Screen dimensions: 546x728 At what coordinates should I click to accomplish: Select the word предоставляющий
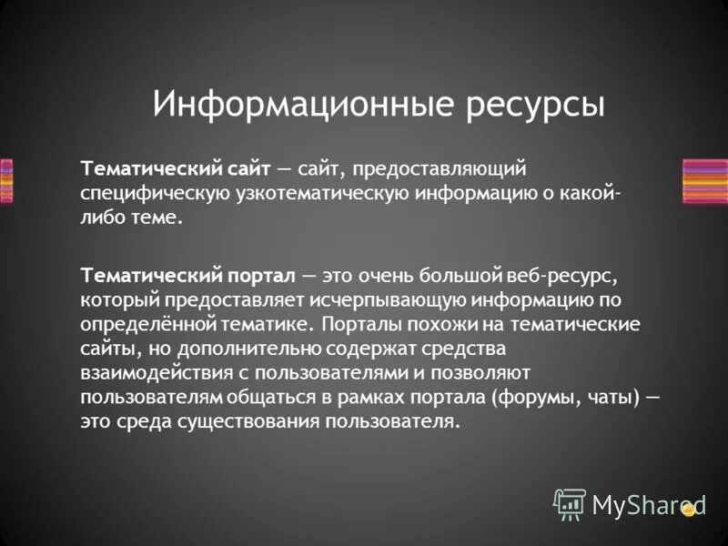click(x=441, y=169)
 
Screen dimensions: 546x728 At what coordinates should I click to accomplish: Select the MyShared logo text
click(x=648, y=503)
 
